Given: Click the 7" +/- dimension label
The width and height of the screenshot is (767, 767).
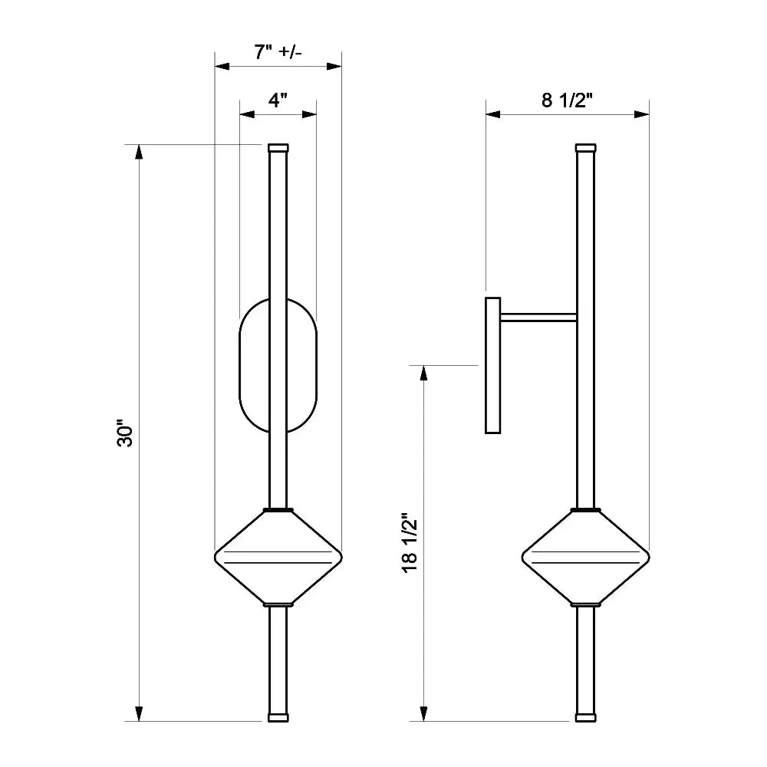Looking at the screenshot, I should coord(278,53).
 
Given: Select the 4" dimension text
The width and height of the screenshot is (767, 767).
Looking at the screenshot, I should coord(278,100).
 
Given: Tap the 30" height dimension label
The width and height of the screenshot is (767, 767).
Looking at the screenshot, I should coord(126,434).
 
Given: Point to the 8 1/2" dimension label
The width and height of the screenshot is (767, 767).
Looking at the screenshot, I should coord(568,100).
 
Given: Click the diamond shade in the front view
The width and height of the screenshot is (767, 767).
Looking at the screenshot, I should coord(278,557).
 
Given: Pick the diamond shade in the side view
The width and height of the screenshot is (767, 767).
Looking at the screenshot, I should coord(586,557).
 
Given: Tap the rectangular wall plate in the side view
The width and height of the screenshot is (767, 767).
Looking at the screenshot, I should coord(492,365).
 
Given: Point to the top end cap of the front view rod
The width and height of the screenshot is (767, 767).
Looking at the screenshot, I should coord(278,147).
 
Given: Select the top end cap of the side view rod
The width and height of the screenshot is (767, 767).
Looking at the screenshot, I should coord(586,147).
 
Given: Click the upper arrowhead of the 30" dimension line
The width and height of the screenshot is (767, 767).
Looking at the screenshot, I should coord(139,151).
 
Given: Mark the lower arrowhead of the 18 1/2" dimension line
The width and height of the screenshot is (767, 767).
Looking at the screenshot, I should coord(423,714).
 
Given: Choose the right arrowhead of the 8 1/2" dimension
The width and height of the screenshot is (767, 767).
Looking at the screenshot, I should coord(642,114).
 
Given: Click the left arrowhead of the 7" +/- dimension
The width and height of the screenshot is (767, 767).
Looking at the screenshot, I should coord(222,67).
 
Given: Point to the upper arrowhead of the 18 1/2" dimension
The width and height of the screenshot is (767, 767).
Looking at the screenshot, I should coord(423,373).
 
